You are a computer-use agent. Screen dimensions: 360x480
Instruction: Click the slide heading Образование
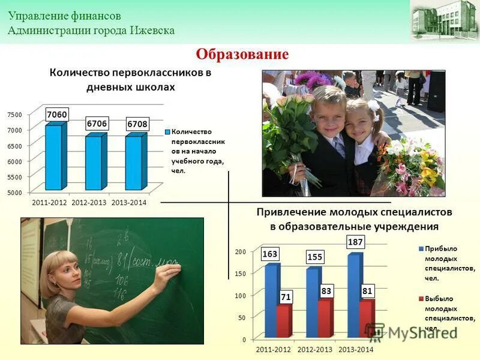[242, 55]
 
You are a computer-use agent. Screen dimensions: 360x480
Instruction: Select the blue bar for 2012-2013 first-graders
[94, 162]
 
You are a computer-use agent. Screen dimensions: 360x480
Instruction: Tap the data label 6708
[137, 124]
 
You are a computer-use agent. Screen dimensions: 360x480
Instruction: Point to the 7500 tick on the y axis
[14, 115]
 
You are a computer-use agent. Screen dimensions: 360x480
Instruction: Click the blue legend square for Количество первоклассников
[167, 131]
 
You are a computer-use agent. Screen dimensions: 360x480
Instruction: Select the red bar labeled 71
[283, 321]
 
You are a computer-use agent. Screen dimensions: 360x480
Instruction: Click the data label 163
[270, 254]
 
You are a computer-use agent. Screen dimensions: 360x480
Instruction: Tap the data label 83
[326, 290]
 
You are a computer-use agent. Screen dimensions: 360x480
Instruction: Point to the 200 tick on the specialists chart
[241, 251]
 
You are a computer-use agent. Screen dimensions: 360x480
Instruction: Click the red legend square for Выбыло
[421, 298]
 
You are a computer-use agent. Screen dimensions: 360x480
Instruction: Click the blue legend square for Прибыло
[421, 248]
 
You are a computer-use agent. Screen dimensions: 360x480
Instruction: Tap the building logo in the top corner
[444, 21]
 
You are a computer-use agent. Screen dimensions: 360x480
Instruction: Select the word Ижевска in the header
[152, 30]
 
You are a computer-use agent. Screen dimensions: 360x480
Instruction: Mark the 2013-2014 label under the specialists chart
[356, 349]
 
